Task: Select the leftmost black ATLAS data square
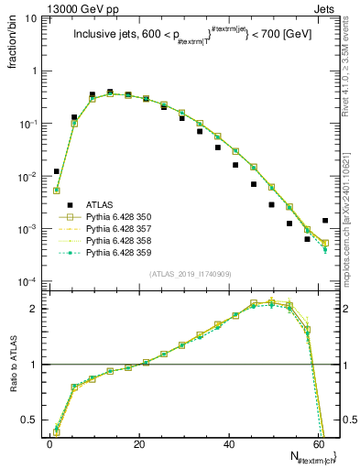(x=57, y=171)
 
